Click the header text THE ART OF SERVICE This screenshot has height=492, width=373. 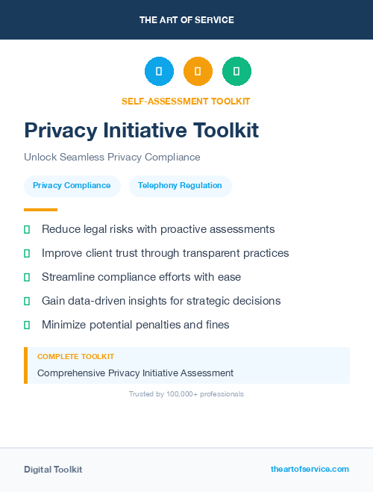[186, 19]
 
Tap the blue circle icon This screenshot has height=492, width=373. [159, 72]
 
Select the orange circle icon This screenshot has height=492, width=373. [198, 72]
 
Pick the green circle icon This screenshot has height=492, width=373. [236, 72]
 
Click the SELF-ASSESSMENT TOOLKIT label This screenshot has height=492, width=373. [186, 101]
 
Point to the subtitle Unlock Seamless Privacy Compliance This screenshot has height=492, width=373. [112, 158]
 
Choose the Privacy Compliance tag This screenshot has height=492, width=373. [72, 186]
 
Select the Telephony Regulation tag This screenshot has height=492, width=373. [180, 186]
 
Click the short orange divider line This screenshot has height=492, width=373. [40, 210]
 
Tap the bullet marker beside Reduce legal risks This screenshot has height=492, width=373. [27, 229]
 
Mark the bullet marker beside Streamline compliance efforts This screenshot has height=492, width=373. [27, 277]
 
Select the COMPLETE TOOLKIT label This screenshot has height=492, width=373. [75, 357]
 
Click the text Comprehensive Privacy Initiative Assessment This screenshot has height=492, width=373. [135, 373]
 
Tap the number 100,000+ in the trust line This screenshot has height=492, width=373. [183, 393]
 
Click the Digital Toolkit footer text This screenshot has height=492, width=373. [53, 470]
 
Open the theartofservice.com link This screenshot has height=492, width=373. [310, 469]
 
